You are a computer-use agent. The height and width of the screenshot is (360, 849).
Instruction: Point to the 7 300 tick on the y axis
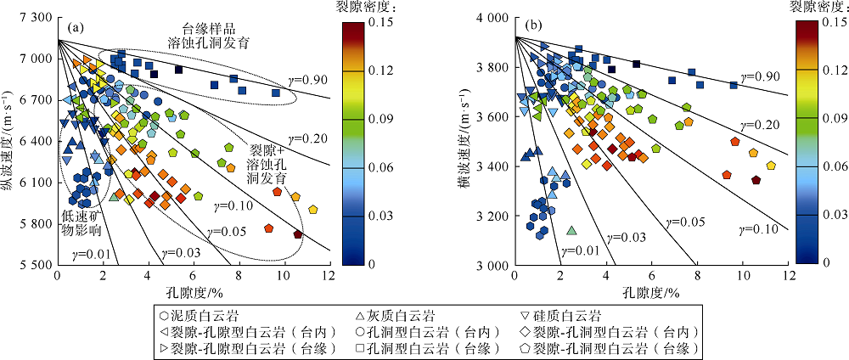35,18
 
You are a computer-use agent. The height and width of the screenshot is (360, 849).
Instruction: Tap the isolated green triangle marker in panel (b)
571,231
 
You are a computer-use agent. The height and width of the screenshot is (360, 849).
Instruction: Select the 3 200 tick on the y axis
493,216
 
